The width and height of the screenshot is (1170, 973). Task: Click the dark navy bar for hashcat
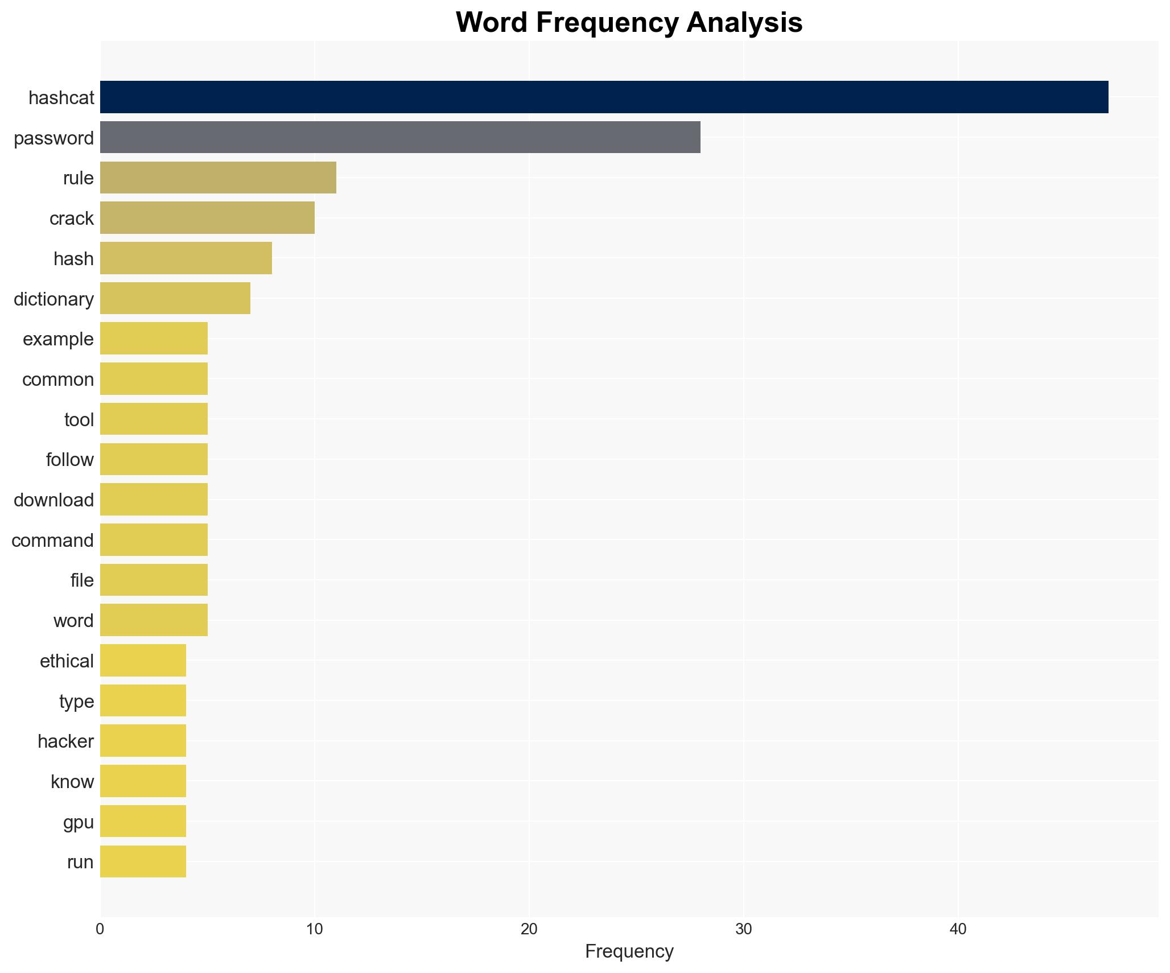pyautogui.click(x=604, y=97)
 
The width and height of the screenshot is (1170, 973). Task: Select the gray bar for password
pyautogui.click(x=400, y=137)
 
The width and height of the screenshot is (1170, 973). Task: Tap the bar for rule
pyautogui.click(x=218, y=178)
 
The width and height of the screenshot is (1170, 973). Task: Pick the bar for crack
pyautogui.click(x=207, y=218)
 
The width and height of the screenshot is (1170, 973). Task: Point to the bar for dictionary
pyautogui.click(x=175, y=298)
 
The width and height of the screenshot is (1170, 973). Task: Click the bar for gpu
pyautogui.click(x=143, y=821)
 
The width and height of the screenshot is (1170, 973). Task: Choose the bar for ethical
pyautogui.click(x=143, y=660)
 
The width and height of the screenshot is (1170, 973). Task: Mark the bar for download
pyautogui.click(x=154, y=500)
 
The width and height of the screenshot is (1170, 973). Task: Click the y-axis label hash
pyautogui.click(x=73, y=259)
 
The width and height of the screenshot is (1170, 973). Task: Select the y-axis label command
pyautogui.click(x=52, y=541)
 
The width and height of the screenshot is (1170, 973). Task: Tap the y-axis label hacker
pyautogui.click(x=65, y=741)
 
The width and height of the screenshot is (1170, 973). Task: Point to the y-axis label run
pyautogui.click(x=80, y=862)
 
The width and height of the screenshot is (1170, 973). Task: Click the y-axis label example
pyautogui.click(x=58, y=339)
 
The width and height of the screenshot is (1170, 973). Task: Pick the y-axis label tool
pyautogui.click(x=79, y=420)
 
